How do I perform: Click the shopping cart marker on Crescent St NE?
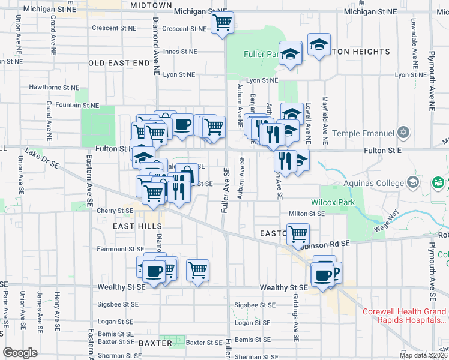(x=222, y=23)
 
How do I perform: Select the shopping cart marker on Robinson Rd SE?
(x=298, y=233)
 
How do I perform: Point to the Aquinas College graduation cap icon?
(x=412, y=181)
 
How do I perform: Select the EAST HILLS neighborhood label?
(x=137, y=226)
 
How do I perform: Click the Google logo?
(x=20, y=353)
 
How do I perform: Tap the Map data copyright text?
(x=424, y=355)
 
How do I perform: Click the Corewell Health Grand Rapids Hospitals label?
(x=406, y=316)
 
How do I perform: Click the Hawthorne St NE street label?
(x=54, y=87)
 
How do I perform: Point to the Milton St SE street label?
(x=306, y=213)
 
